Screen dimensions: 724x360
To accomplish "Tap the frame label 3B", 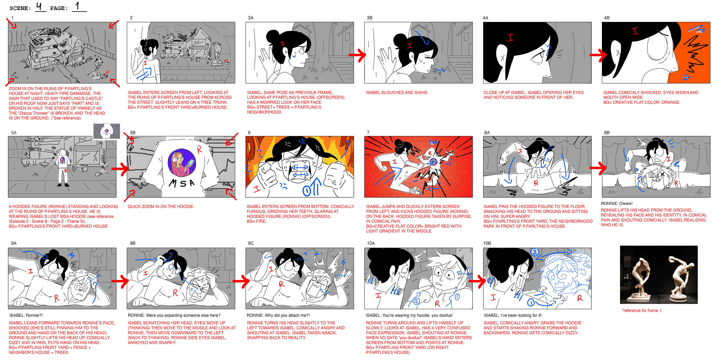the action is (370, 18).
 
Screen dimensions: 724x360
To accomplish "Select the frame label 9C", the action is (251, 243).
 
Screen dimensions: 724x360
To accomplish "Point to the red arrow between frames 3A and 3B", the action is (357, 55).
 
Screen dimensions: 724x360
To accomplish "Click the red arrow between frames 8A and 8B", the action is (598, 168).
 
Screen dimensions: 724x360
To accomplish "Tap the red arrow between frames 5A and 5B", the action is (120, 169).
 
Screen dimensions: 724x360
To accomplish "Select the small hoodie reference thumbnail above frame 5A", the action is (107, 131).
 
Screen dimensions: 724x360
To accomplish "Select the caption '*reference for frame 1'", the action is (642, 311).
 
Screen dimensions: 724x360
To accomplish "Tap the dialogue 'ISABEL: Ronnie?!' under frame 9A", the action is (26, 315).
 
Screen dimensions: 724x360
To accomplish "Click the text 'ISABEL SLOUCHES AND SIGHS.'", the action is (397, 92).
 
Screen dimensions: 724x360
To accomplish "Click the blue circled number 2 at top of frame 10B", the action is (535, 252).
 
